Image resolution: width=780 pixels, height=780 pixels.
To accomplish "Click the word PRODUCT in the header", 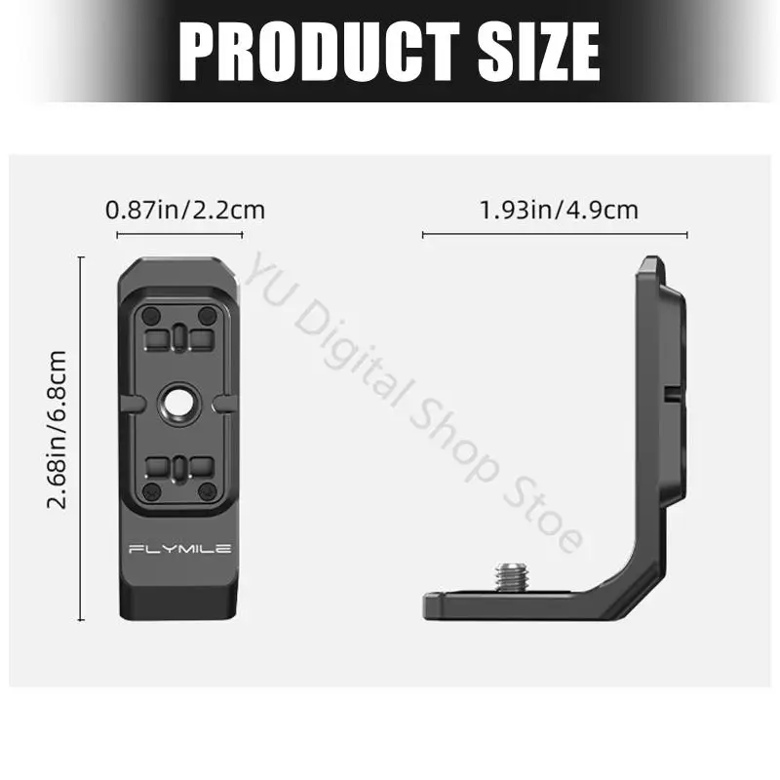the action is pos(320,52).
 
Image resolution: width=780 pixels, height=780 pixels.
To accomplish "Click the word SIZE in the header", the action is pos(539,52).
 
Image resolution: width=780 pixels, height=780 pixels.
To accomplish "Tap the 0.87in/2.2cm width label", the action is pos(185,210).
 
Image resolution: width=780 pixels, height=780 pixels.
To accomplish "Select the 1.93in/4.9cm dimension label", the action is pos(558,210).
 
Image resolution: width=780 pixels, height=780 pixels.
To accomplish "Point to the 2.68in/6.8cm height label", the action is pos(57,429).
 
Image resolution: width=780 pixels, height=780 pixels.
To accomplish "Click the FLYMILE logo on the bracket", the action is pos(180,549).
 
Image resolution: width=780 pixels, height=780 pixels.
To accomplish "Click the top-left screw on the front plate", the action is pos(151,315).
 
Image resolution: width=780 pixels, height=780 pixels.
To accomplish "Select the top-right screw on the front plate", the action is pos(207,315).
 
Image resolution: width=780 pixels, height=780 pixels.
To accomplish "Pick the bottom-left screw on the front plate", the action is pos(151,492).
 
